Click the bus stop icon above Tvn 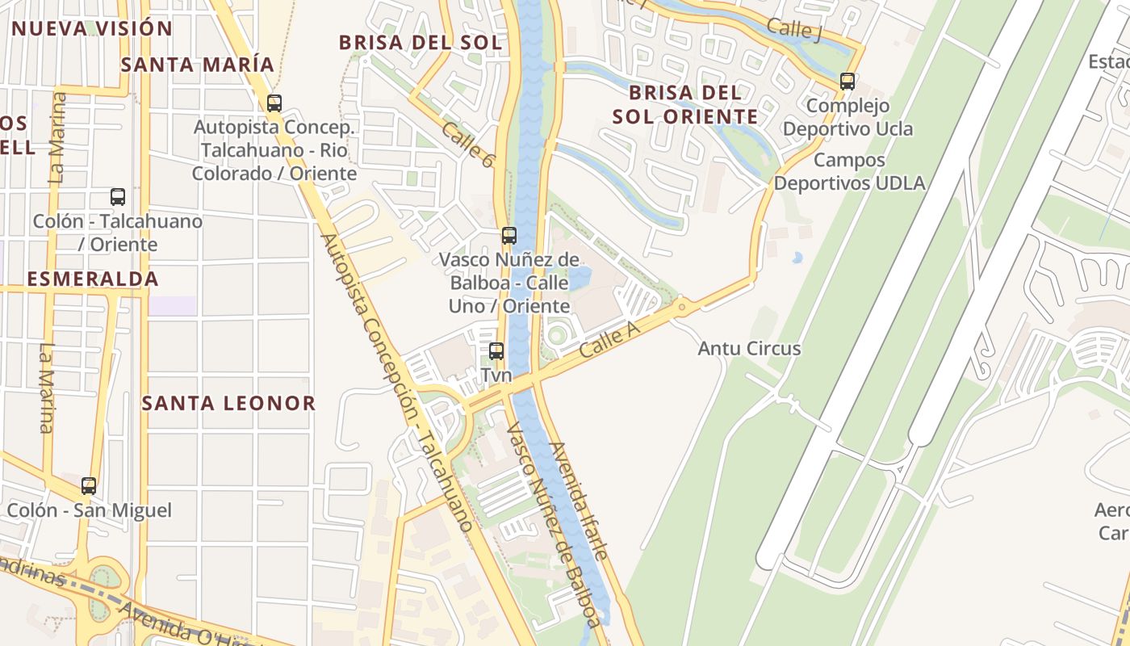point(496,351)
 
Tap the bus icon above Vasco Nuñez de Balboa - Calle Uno point(508,236)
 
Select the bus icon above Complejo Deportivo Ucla point(847,82)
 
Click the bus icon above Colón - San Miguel point(89,486)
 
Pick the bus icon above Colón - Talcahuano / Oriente point(118,197)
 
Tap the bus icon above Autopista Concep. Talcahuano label point(274,103)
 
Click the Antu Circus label point(749,349)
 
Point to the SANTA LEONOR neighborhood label point(228,403)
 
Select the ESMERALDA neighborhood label point(92,279)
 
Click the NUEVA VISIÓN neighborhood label point(92,29)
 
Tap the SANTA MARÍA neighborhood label point(197,65)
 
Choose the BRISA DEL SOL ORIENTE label point(685,104)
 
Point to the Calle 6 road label point(467,145)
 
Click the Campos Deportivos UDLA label point(849,171)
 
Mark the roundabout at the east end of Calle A point(683,307)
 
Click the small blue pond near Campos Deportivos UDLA point(797,258)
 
